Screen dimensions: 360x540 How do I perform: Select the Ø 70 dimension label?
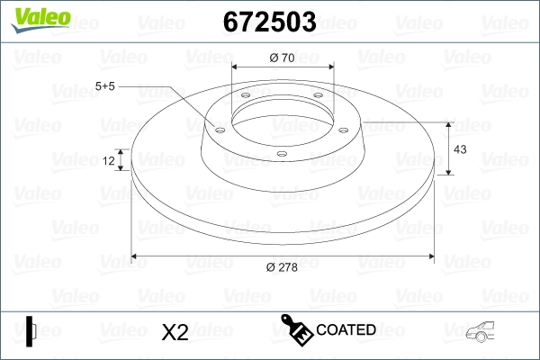tap(283, 58)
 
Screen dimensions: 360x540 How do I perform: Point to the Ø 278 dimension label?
tap(283, 266)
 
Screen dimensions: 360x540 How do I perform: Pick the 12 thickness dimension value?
tap(110, 160)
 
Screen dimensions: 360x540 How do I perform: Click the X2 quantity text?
tap(174, 332)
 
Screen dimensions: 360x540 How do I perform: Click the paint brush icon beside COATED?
tap(296, 329)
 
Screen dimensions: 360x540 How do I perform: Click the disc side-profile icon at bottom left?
tap(30, 331)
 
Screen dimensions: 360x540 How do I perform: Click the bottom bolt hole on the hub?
tap(281, 154)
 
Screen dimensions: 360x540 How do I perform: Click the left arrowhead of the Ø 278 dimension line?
tap(136, 257)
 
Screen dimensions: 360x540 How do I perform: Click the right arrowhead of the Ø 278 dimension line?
tap(429, 257)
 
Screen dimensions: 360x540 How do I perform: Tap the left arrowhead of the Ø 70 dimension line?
tap(236, 67)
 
